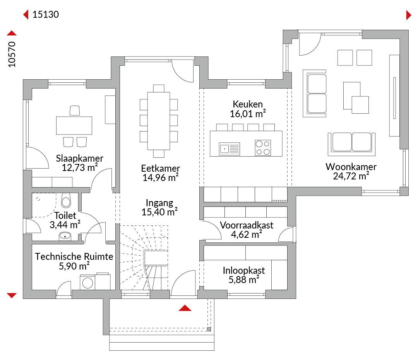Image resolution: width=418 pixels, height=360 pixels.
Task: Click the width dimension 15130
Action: tap(46, 14)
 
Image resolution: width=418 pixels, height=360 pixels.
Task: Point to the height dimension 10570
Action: tap(12, 54)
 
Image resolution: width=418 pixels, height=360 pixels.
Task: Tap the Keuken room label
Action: tap(248, 104)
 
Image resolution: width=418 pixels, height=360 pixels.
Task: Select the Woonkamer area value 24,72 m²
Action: tap(351, 176)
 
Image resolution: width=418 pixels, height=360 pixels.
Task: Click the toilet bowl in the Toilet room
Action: tap(66, 201)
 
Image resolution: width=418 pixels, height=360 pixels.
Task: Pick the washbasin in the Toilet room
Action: tap(65, 236)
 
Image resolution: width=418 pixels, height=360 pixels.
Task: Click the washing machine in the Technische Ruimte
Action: tap(87, 282)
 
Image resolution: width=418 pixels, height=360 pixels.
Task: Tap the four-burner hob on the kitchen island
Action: tap(263, 148)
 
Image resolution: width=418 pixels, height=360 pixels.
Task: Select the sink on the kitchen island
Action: tap(229, 148)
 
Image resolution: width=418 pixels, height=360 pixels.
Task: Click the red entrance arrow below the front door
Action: tap(185, 308)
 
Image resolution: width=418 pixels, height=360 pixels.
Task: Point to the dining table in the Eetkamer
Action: tap(159, 121)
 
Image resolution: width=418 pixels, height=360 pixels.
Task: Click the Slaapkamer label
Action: tap(79, 159)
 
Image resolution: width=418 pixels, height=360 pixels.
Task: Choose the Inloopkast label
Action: tap(244, 271)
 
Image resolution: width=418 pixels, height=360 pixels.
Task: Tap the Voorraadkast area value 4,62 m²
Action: tap(246, 235)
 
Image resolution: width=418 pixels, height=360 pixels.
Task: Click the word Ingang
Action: tap(159, 203)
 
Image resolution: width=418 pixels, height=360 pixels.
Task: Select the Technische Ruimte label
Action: tap(74, 256)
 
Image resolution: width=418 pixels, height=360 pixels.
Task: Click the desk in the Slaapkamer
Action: tap(74, 125)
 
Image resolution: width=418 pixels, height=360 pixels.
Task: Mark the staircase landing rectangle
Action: tap(156, 258)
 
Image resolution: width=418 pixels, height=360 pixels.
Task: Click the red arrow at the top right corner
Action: tap(409, 15)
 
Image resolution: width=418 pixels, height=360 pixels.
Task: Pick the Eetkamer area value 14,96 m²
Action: tap(160, 177)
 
